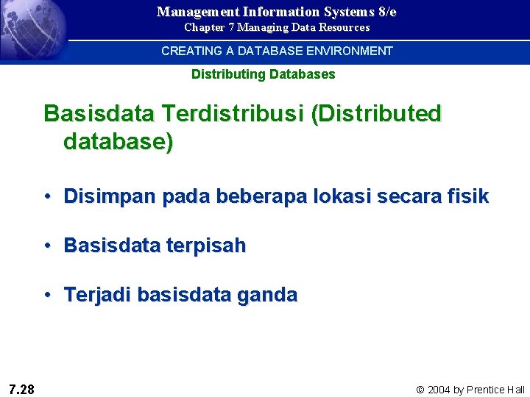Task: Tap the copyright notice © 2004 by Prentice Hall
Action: [x=470, y=390]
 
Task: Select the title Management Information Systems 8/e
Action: [x=277, y=11]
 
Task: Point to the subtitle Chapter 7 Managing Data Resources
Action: [x=277, y=27]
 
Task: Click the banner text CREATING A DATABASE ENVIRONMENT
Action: [x=277, y=51]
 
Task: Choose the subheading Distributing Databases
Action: [x=263, y=74]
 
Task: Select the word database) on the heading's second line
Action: [x=119, y=141]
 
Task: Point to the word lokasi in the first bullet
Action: [x=346, y=196]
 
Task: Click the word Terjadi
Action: [x=98, y=296]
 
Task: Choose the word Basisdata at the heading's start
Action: [x=99, y=114]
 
